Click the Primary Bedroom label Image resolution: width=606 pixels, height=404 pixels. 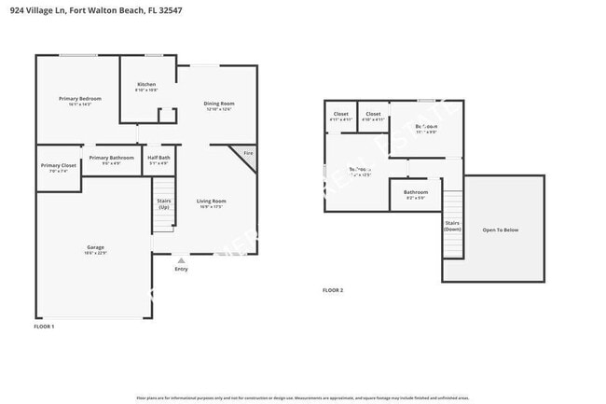pos(79,99)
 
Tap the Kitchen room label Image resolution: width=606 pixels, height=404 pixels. pos(146,85)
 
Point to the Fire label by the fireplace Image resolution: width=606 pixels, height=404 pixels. pos(247,153)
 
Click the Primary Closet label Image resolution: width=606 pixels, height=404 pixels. pos(58,165)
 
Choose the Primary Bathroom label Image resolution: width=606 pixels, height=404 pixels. pos(111,158)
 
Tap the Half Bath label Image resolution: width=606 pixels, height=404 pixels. pos(158,158)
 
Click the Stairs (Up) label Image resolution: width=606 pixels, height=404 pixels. pos(163,203)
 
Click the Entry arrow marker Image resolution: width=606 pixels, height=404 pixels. pos(181,260)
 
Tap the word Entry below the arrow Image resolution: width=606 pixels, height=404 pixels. pos(181,270)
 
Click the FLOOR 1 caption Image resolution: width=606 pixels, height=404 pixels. pos(44,327)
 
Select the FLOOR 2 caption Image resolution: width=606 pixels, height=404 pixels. pos(333,291)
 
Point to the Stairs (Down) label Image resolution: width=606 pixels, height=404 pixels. pos(452,225)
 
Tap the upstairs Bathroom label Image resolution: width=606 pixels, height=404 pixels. pos(415,192)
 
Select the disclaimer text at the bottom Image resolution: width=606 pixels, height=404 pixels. pos(303,397)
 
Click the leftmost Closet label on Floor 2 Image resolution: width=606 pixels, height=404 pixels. pos(340,115)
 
